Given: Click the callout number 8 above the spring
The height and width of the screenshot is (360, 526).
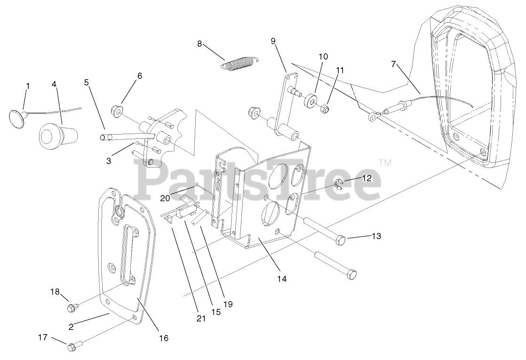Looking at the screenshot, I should click(x=199, y=44).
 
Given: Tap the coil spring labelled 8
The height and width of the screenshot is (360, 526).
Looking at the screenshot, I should click(x=240, y=63).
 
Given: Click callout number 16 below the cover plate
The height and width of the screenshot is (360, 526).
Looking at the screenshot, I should click(x=164, y=338).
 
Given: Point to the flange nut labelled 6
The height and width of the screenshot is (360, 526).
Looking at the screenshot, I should click(x=116, y=112).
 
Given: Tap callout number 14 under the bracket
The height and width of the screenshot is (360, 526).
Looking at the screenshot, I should click(x=281, y=279).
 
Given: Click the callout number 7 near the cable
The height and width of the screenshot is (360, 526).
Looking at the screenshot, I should click(x=394, y=64).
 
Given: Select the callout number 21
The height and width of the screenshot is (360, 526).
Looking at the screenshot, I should click(x=201, y=319).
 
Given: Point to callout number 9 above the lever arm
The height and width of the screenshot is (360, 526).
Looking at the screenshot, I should click(x=273, y=41).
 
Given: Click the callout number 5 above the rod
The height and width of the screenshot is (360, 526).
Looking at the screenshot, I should click(x=86, y=82).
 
